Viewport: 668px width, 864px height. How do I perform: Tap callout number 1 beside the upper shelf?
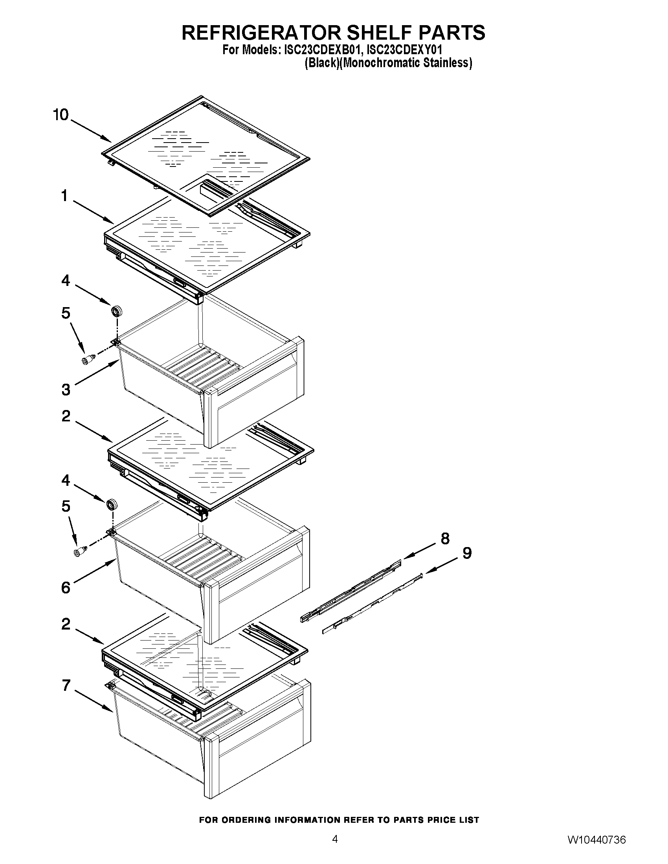click(x=64, y=196)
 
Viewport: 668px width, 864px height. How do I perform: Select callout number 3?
click(x=66, y=390)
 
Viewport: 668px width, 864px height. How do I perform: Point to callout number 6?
click(x=66, y=588)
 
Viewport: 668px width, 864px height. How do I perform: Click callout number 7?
click(x=66, y=685)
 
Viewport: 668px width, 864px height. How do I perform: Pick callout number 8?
click(x=445, y=538)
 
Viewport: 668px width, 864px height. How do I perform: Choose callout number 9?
click(x=467, y=553)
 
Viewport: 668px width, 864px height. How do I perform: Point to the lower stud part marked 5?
click(x=80, y=551)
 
